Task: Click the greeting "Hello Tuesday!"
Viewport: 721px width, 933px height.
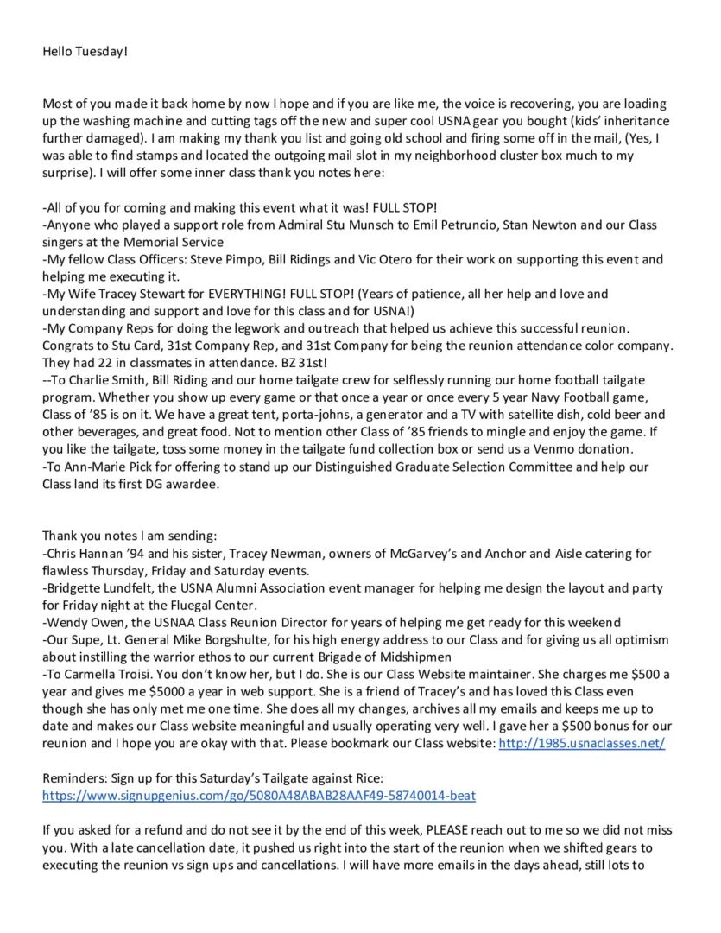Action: click(85, 52)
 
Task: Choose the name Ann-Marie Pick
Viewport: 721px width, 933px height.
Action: click(106, 467)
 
